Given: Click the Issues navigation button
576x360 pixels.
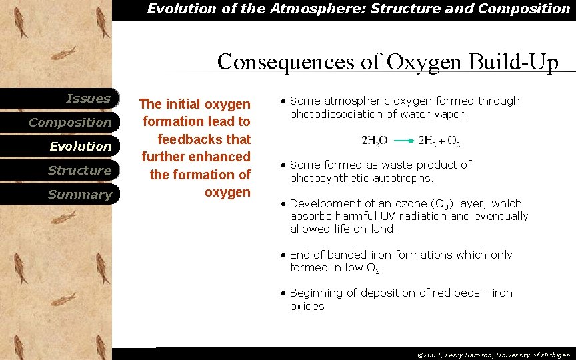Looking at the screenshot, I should pos(88,99).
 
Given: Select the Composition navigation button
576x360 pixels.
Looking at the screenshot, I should pos(70,123).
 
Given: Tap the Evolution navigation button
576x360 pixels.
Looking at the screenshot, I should pos(81,147).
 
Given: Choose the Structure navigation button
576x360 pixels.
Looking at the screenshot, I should pos(79,171).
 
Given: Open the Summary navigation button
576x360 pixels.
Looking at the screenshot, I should pos(79,195).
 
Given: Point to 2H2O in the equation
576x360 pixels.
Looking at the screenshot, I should pos(375,141).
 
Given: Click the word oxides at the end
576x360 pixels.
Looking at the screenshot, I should pos(307,306).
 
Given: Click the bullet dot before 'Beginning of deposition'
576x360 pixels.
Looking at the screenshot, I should pos(284,294).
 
